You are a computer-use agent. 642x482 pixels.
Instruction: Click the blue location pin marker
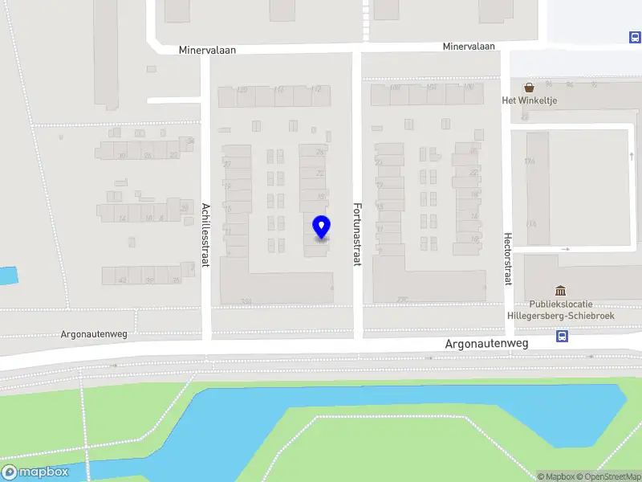point(321,228)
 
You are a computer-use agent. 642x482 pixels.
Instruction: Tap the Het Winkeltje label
point(529,100)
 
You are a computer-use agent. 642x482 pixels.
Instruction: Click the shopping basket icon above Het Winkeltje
point(529,87)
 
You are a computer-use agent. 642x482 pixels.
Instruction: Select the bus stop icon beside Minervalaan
point(634,37)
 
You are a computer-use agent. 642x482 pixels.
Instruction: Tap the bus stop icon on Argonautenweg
point(563,337)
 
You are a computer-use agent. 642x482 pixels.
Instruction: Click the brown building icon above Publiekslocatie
point(560,290)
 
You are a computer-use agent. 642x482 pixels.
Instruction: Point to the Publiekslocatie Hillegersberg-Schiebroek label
point(560,310)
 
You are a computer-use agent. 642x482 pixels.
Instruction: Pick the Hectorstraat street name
point(507,259)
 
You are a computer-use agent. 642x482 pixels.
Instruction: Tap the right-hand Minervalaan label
point(469,47)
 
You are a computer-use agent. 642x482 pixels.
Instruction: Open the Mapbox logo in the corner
point(35,472)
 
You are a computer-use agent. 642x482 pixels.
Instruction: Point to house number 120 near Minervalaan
point(242,89)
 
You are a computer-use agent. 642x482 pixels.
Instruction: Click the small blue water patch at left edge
point(6,276)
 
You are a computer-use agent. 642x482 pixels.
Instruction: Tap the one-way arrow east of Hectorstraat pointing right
point(565,249)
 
